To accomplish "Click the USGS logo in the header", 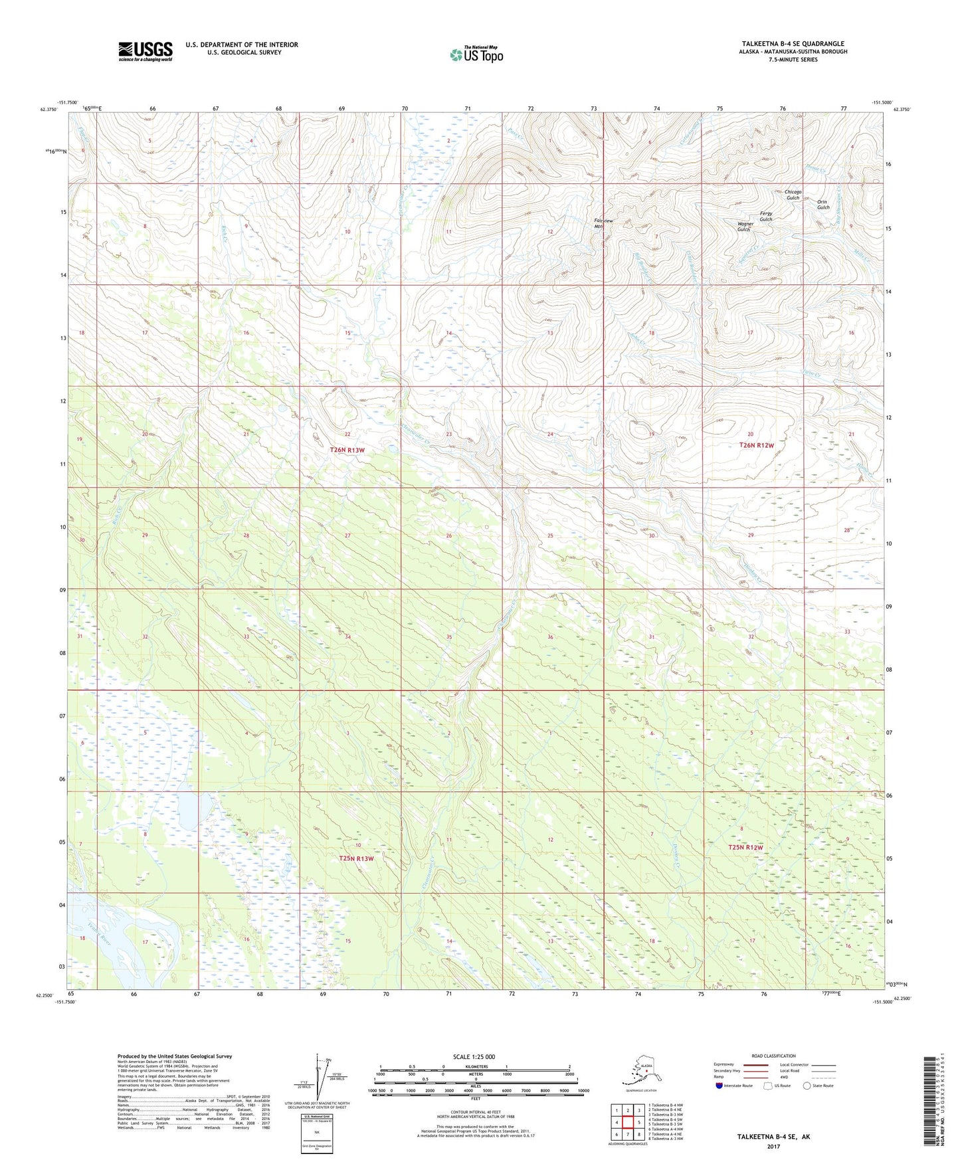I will [145, 50].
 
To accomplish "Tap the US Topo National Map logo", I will [476, 54].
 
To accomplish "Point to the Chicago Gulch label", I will [793, 195].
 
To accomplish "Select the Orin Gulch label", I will [823, 205].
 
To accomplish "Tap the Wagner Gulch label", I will [745, 227].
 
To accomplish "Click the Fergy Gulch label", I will [765, 217].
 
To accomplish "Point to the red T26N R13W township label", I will [347, 450].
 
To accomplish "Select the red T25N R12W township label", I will [745, 847].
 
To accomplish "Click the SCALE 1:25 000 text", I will [474, 1056].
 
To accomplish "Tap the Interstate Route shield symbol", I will [719, 1086].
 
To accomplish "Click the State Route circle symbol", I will [807, 1086].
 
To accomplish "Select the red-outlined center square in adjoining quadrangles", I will [627, 1121].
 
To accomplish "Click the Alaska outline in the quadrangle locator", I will [639, 1072].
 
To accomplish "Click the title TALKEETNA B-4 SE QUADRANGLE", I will [793, 43].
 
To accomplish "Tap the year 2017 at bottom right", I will [773, 1146].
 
